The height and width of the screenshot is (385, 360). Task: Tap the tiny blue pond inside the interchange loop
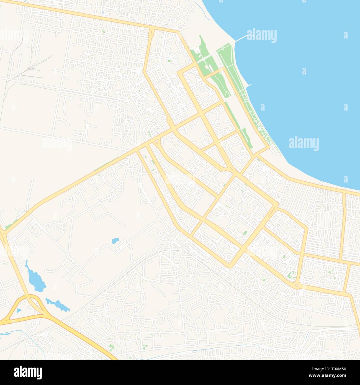(19, 310)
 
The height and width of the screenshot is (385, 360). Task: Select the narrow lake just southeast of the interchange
(58, 304)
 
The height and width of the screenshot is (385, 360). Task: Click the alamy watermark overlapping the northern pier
(261, 35)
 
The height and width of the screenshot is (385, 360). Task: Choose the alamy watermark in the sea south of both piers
(304, 143)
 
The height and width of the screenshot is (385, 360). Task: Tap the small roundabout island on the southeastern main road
(297, 285)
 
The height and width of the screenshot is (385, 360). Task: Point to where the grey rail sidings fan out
(30, 66)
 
